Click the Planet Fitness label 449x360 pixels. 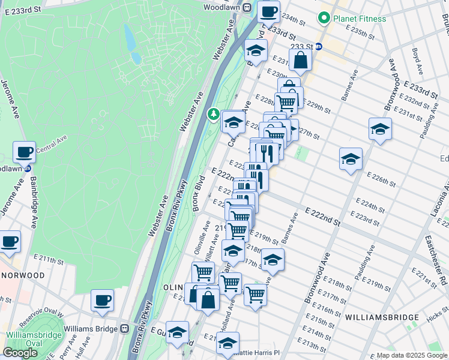coord(360,19)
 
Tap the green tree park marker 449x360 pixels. coord(213,113)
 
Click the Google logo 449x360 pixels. coord(20,353)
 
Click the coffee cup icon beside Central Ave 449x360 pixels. coord(24,152)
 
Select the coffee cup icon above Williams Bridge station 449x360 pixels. coord(102,299)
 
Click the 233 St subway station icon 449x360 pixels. coord(319,46)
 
